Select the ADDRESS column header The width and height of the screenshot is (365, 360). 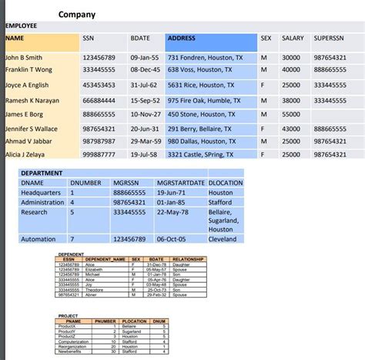(x=182, y=38)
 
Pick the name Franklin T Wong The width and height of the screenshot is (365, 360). (x=30, y=70)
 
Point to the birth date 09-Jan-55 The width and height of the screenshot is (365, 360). (x=145, y=58)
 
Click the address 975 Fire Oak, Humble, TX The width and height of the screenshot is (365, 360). (x=204, y=100)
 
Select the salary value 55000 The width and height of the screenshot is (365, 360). (x=291, y=114)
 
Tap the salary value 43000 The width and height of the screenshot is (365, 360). (x=291, y=129)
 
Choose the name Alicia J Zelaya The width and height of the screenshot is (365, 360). (x=28, y=155)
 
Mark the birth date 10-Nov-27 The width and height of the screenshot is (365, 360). (x=145, y=114)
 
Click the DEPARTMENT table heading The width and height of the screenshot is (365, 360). (x=42, y=173)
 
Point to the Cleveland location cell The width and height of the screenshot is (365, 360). (x=223, y=239)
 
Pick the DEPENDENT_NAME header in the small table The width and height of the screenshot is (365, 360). (x=104, y=259)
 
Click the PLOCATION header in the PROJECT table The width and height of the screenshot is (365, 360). (x=134, y=321)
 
